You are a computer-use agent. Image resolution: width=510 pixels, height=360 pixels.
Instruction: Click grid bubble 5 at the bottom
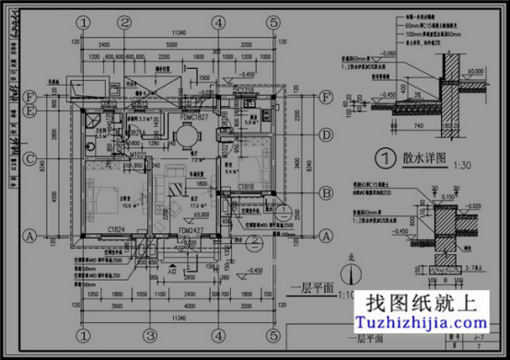[x=274, y=332]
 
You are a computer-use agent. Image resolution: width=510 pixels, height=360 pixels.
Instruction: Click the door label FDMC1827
[x=195, y=118]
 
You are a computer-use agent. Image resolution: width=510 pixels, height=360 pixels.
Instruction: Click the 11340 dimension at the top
[x=171, y=35]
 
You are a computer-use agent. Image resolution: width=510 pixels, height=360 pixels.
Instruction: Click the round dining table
[x=188, y=138]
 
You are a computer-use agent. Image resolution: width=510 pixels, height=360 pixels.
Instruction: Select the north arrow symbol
[x=347, y=273]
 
